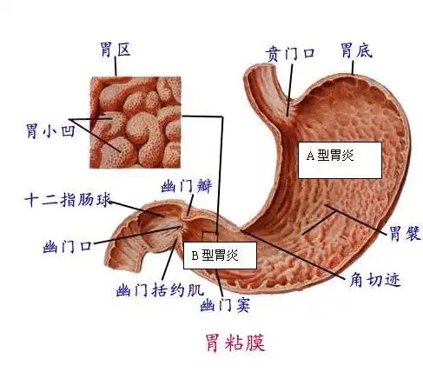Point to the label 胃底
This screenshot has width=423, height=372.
click(x=356, y=52)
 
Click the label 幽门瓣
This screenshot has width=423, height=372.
click(x=187, y=187)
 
